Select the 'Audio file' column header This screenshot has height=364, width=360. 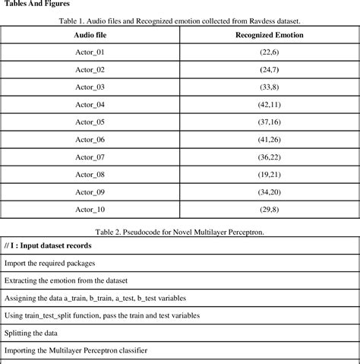tap(90, 36)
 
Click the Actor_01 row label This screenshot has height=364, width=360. tap(90, 53)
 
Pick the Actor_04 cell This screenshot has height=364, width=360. tap(90, 104)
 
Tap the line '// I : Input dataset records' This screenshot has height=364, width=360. tap(49, 245)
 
